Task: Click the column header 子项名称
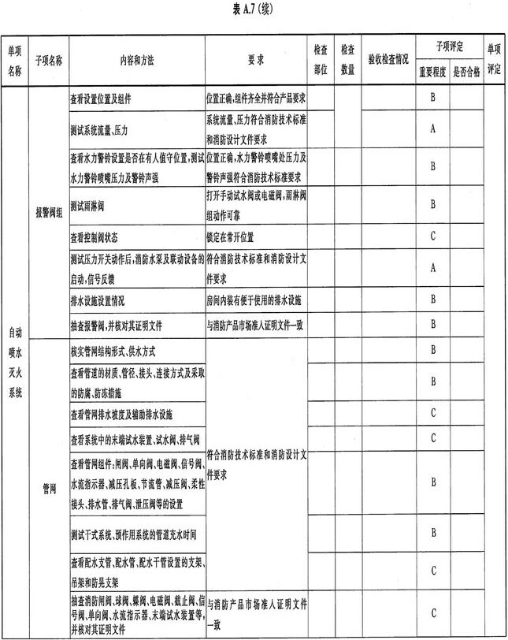click(48, 59)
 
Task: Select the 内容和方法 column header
click(135, 59)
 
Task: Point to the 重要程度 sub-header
click(432, 69)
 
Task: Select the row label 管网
click(48, 489)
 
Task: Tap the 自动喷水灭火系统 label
click(15, 363)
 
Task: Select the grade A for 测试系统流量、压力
click(433, 128)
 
